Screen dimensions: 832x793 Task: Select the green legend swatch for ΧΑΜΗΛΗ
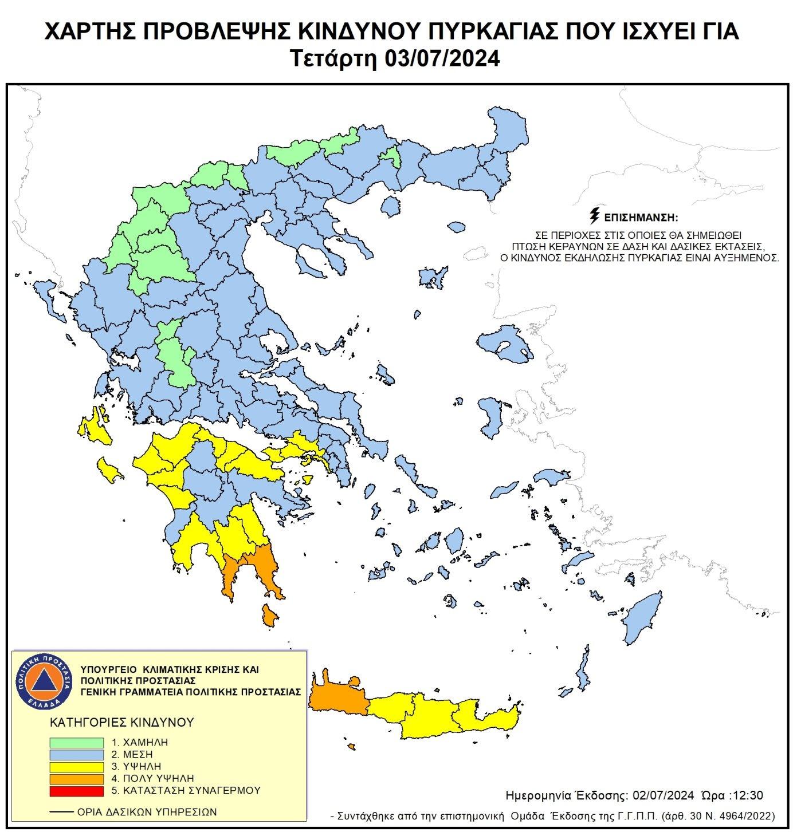[x=77, y=743]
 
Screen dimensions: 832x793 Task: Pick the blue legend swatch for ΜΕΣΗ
[x=77, y=755]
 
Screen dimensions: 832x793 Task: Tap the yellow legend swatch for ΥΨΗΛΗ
[x=77, y=767]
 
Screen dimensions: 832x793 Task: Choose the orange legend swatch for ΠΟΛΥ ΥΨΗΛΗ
[x=77, y=779]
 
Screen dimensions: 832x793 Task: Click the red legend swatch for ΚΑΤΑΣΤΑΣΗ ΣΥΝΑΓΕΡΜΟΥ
[x=77, y=791]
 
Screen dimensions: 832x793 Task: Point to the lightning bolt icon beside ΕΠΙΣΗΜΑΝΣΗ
[x=595, y=216]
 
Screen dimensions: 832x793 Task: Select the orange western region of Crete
[x=338, y=695]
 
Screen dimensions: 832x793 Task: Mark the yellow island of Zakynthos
[x=109, y=470]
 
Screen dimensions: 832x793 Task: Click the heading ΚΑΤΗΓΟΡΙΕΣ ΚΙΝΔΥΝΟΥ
[x=122, y=722]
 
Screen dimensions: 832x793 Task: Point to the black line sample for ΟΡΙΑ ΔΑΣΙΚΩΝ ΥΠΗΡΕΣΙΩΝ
[x=62, y=812]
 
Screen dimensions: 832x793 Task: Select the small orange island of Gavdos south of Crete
[x=351, y=747]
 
